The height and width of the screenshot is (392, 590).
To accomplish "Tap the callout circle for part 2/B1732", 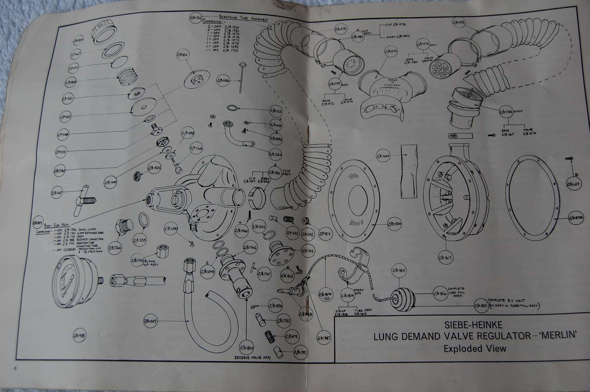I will (x=195, y=18).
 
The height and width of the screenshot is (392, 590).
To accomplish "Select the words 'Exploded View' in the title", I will (x=475, y=348).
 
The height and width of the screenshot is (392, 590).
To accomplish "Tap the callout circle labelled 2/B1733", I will (x=508, y=112).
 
